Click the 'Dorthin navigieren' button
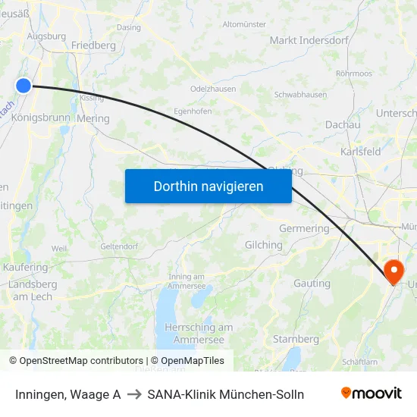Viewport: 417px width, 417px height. click(208, 186)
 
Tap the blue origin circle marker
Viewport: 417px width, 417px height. click(24, 86)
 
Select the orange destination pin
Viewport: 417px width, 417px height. click(394, 271)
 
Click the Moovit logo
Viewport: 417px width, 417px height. click(371, 393)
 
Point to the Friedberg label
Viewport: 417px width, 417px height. click(93, 45)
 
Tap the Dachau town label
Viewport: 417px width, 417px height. click(342, 124)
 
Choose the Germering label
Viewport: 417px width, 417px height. click(304, 228)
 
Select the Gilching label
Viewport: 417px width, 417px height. click(263, 245)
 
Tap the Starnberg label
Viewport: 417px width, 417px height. click(296, 339)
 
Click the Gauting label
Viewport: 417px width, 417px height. click(312, 284)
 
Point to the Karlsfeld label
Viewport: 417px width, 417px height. click(361, 152)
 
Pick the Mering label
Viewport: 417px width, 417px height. click(93, 119)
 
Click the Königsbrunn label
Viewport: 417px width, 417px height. click(40, 118)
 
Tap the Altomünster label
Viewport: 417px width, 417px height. click(244, 24)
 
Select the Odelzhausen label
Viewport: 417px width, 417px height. click(213, 89)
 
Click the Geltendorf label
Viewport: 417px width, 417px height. click(119, 246)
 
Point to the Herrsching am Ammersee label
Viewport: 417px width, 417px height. click(199, 333)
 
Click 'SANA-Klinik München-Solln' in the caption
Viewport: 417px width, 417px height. click(226, 394)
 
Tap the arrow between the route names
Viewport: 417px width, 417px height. click(134, 394)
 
